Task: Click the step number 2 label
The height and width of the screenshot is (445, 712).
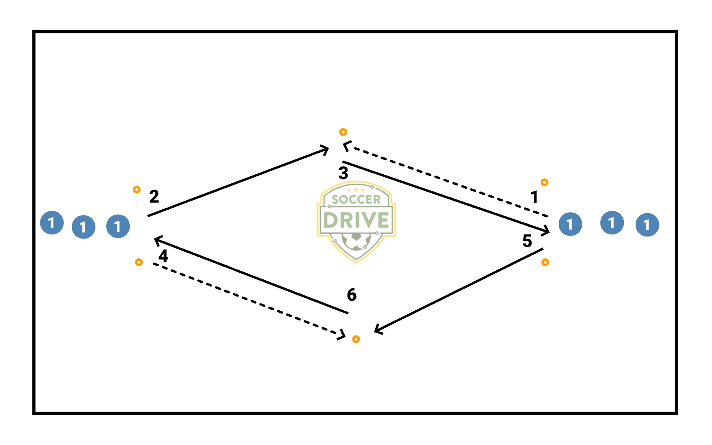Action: [154, 197]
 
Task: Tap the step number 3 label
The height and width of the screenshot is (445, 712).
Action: [343, 173]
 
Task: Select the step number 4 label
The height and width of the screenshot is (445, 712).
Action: [163, 256]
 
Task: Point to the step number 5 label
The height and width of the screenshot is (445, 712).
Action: [527, 241]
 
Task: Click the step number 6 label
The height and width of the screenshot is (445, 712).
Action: [352, 295]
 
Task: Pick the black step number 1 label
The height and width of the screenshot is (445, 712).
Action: [534, 197]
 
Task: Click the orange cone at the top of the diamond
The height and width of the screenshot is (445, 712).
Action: [343, 132]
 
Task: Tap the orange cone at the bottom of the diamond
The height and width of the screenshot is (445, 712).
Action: [356, 339]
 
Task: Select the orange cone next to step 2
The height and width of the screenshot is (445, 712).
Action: [137, 190]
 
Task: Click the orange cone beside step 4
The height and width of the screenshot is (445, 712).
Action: [139, 262]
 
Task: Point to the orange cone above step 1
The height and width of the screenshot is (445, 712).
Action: [544, 182]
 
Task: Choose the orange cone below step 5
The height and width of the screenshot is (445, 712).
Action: [545, 262]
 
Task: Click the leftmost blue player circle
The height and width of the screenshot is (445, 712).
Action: [52, 223]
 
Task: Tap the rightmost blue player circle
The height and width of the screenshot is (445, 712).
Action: [647, 225]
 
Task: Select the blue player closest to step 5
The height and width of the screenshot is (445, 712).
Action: [570, 224]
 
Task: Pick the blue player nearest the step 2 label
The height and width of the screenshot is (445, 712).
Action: [118, 226]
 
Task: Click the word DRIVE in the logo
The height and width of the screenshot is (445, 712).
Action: [356, 220]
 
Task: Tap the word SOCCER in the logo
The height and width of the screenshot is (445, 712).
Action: [356, 200]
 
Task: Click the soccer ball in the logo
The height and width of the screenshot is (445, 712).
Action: [356, 241]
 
